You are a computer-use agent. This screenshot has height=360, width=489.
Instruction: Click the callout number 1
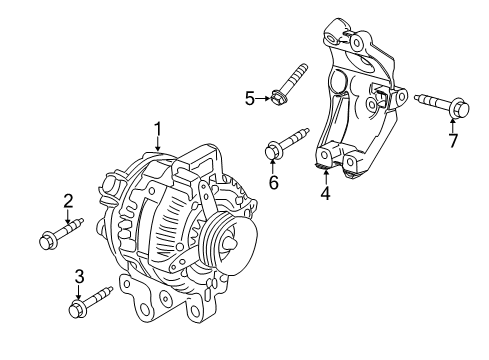157,128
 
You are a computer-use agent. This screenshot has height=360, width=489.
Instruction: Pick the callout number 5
250,97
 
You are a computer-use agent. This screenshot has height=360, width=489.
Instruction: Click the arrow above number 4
323,175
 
